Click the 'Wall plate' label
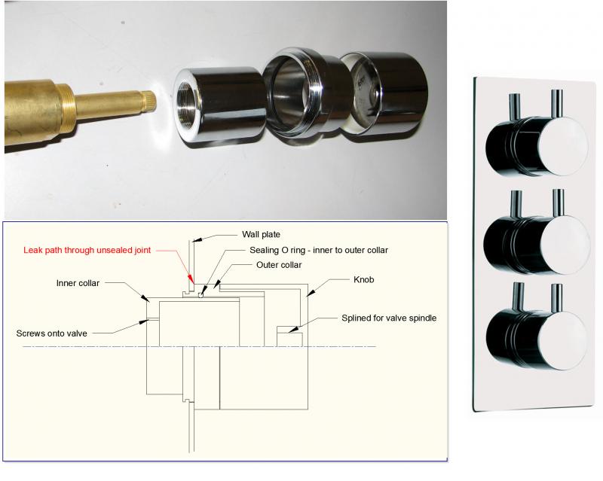point(261,234)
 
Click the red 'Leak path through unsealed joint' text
point(87,250)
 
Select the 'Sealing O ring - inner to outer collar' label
point(319,250)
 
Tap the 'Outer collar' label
point(279,265)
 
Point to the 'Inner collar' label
point(78,283)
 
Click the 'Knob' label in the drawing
point(363,280)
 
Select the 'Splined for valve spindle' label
point(389,318)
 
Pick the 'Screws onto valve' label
point(51,333)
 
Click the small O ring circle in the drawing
point(200,295)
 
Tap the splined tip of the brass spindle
point(148,101)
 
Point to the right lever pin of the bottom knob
point(557,298)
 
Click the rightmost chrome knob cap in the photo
point(388,94)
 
